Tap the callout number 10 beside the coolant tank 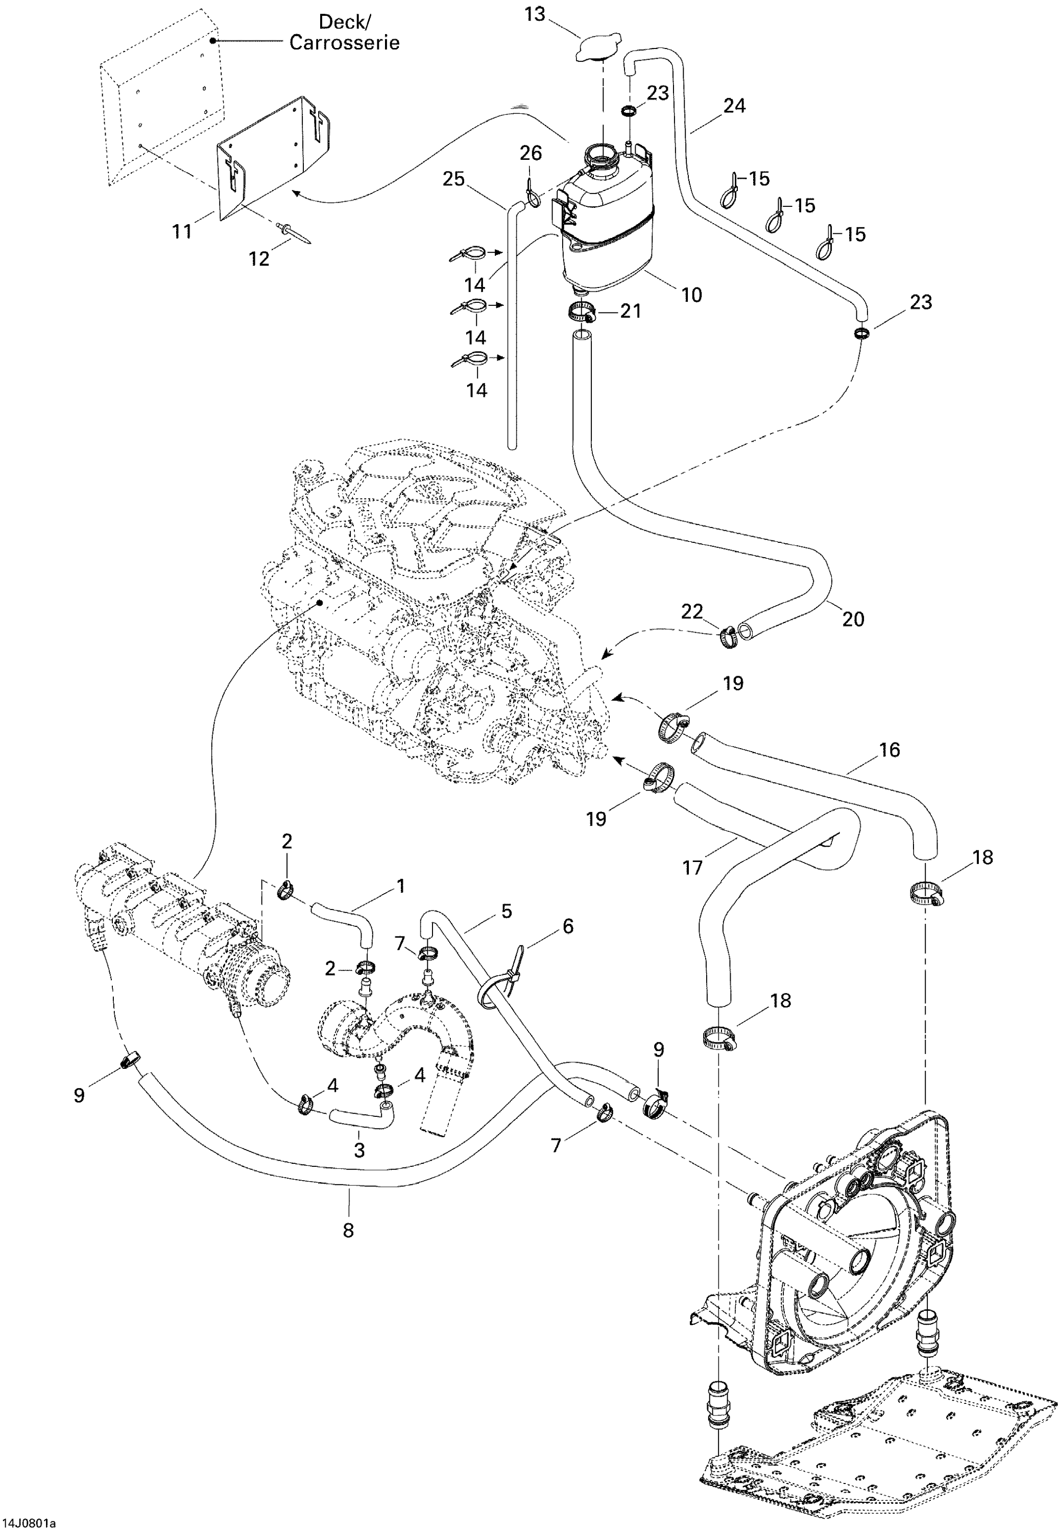[x=691, y=295]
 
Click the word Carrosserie [x=344, y=42]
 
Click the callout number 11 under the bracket [x=182, y=231]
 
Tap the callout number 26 [x=531, y=153]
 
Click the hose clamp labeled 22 [x=728, y=638]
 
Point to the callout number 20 [x=853, y=618]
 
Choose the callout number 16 [x=889, y=750]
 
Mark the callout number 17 [x=692, y=867]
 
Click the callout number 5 [x=507, y=911]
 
